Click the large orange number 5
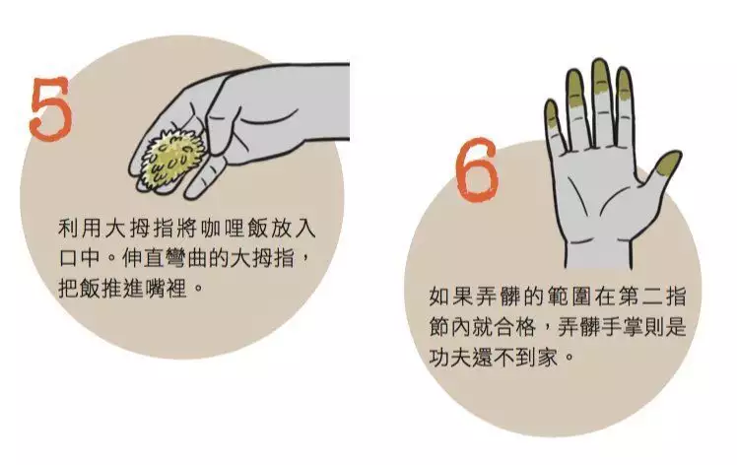pos(51,108)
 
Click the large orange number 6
pos(477,169)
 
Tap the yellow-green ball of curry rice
pos(173,160)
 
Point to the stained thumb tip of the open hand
pos(666,165)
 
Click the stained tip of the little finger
pos(552,114)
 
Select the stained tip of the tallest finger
pos(599,78)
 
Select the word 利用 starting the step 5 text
pos(75,229)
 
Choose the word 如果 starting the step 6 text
pos(446,297)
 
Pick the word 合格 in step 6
pos(516,326)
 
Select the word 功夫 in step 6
pos(446,357)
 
